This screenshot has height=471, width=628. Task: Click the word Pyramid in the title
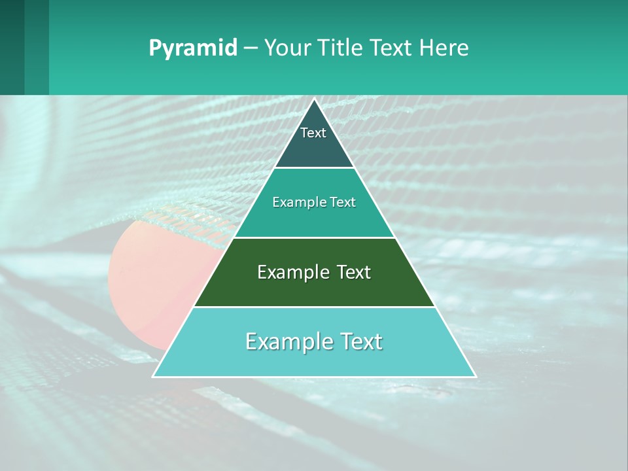(193, 48)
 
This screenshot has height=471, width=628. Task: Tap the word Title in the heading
(345, 48)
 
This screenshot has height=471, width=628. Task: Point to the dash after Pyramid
(251, 48)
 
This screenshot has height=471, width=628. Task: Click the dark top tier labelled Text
(313, 147)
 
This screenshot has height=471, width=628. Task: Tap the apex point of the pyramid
(314, 99)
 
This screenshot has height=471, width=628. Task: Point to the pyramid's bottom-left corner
(154, 376)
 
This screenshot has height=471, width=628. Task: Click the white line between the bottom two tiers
(314, 307)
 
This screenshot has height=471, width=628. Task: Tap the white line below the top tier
(314, 167)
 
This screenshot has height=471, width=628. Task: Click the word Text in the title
(392, 48)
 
